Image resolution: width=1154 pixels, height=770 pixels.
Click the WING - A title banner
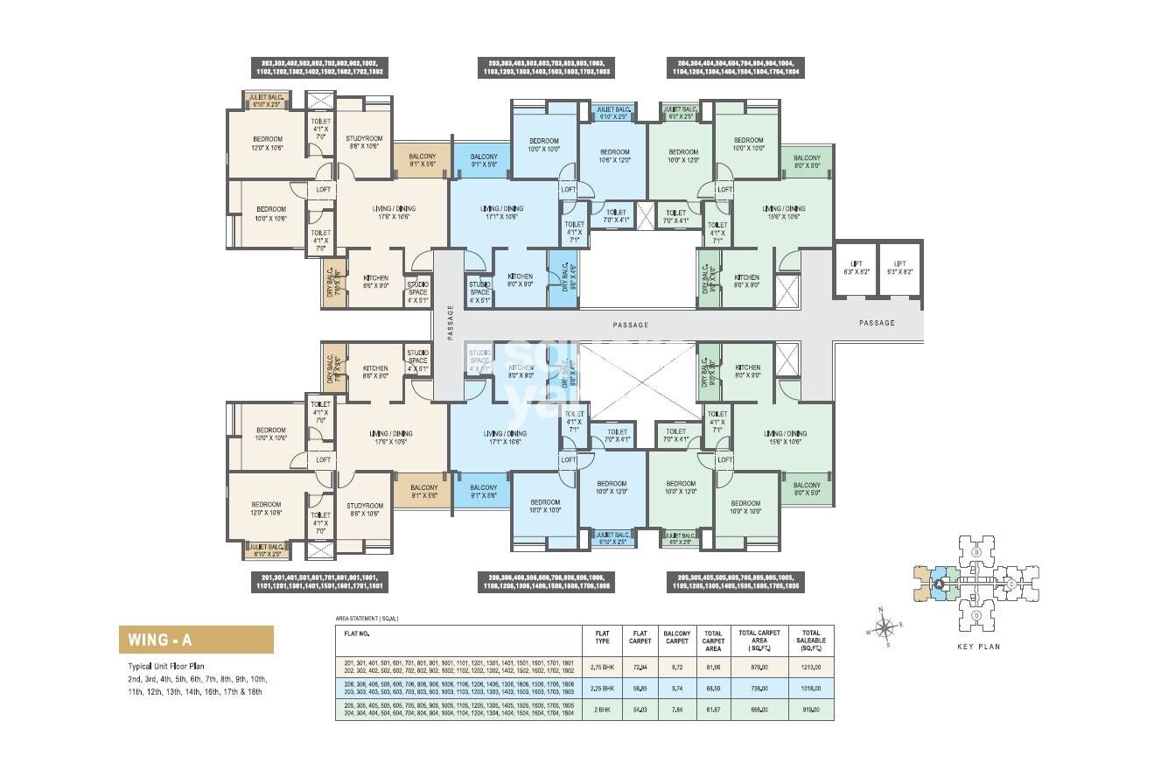[x=196, y=640]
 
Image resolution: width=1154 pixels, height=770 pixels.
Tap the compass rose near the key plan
[x=885, y=626]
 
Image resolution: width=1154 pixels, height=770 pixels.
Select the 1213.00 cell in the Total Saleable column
[x=810, y=666]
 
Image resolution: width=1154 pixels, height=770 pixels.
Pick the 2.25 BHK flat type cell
[x=602, y=689]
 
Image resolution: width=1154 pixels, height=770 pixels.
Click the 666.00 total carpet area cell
[x=759, y=710]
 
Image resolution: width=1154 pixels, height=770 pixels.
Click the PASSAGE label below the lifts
[x=877, y=323]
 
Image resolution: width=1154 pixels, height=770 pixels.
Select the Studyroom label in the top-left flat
[x=364, y=143]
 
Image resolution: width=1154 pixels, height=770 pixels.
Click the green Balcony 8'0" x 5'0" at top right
[x=806, y=161]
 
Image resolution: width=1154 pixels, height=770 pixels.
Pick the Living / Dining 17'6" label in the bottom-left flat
[x=393, y=437]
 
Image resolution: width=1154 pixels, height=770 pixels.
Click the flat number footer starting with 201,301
[x=324, y=582]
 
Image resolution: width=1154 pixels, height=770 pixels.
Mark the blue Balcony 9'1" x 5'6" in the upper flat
[x=484, y=161]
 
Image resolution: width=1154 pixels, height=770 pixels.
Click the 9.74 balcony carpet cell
[x=676, y=689]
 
